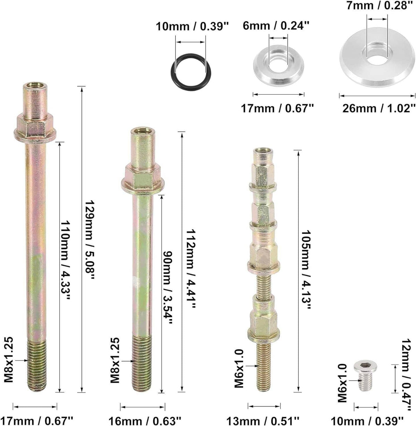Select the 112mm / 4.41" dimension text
click(190, 269)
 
